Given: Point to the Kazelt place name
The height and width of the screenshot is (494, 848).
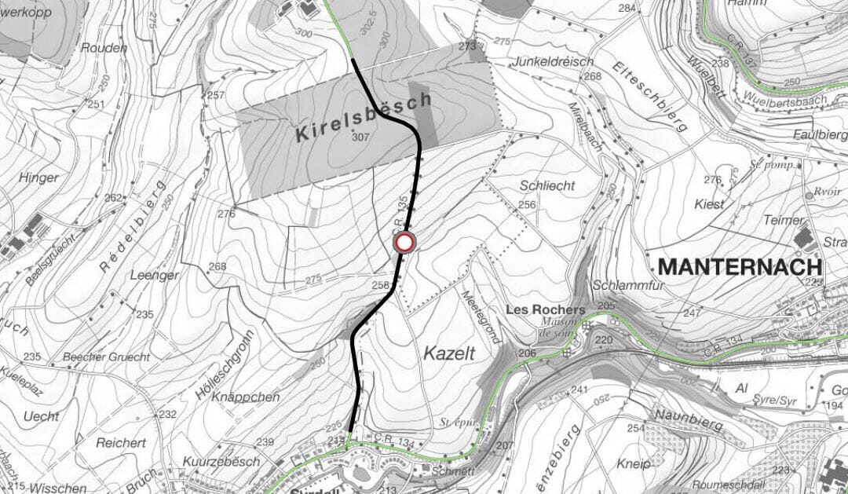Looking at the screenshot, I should pyautogui.click(x=449, y=353).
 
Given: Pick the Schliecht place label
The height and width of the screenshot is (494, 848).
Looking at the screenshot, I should pyautogui.click(x=547, y=185).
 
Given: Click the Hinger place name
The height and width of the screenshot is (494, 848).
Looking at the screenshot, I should pyautogui.click(x=38, y=177).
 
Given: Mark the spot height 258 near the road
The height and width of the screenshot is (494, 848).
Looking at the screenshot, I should pyautogui.click(x=380, y=285).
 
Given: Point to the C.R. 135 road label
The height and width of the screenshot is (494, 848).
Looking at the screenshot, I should pyautogui.click(x=402, y=216).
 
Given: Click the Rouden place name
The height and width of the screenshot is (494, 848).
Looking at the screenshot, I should pyautogui.click(x=104, y=48).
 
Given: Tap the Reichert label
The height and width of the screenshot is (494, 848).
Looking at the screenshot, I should pyautogui.click(x=123, y=443).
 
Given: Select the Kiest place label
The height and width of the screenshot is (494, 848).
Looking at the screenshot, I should pyautogui.click(x=710, y=204).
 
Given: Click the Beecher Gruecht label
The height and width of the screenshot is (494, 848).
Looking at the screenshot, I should pyautogui.click(x=107, y=357).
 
